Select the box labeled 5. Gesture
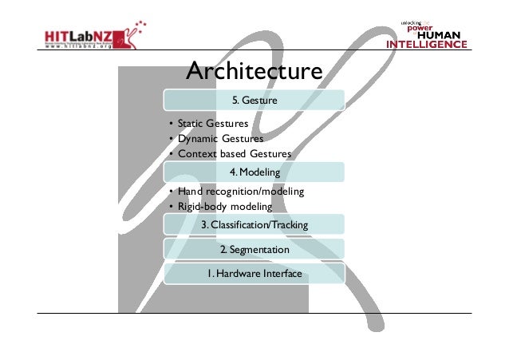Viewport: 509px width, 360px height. tap(254, 101)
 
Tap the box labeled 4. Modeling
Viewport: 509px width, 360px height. tap(254, 172)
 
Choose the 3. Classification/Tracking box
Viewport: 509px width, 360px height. tap(254, 226)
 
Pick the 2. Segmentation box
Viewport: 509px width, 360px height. tap(254, 250)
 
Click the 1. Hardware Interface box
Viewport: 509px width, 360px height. tap(254, 274)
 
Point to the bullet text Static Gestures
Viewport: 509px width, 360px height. tap(212, 124)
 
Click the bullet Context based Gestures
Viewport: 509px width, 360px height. tap(234, 153)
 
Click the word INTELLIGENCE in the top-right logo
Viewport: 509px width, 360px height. tap(427, 45)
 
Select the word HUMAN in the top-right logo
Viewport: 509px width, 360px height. tap(445, 35)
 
